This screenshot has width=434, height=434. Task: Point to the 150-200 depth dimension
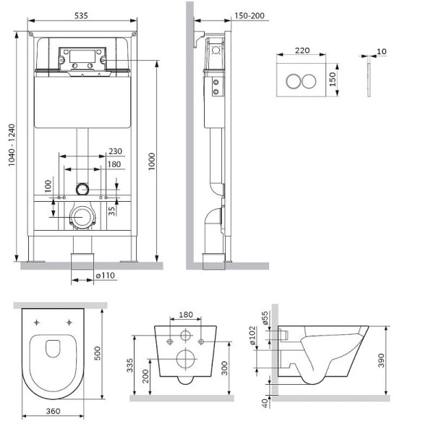pyautogui.click(x=229, y=14)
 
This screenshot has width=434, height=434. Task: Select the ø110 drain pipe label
pyautogui.click(x=106, y=276)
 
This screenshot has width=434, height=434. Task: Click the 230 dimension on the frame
pyautogui.click(x=114, y=151)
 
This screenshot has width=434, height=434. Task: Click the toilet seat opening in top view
pyautogui.click(x=54, y=350)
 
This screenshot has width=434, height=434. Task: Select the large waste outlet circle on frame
pyautogui.click(x=82, y=217)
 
